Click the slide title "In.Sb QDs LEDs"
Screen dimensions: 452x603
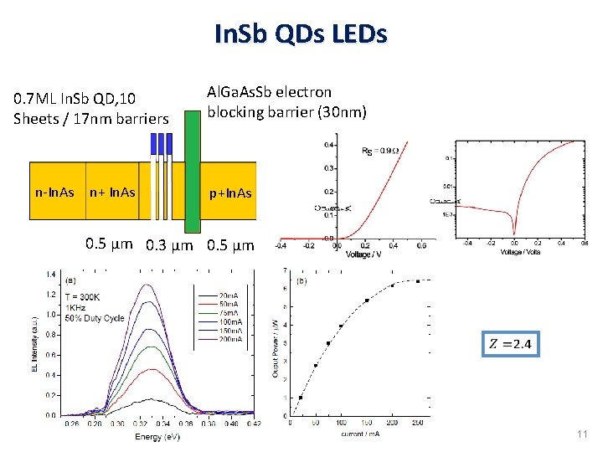coord(301,34)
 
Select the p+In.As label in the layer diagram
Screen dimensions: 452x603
coord(230,193)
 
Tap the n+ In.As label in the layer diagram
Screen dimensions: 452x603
coord(112,193)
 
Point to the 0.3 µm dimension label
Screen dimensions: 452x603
coord(169,246)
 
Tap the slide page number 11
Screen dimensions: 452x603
coord(582,434)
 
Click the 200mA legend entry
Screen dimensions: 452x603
coord(229,339)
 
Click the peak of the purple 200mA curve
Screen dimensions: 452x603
coord(150,285)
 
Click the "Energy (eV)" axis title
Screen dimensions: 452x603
coord(157,436)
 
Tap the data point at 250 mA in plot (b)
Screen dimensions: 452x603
coord(418,281)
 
